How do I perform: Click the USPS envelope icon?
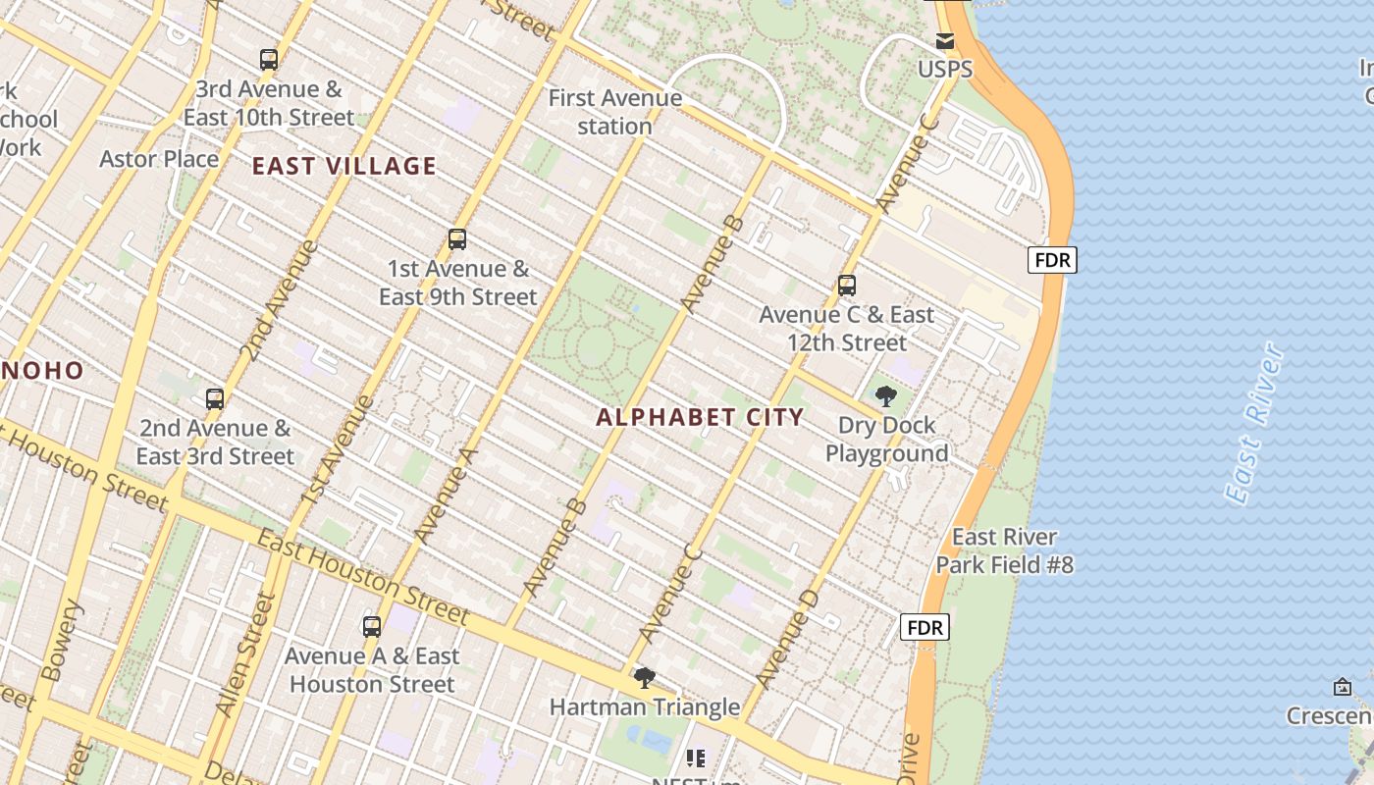point(944,41)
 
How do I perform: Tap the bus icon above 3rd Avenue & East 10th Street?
point(269,60)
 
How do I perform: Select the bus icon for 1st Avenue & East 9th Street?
point(457,239)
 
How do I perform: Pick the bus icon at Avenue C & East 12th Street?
point(847,287)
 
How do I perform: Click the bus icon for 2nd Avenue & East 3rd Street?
point(215,399)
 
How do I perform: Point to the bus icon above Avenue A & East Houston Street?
point(372,627)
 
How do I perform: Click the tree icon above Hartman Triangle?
point(644,678)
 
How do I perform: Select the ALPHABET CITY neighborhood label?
point(700,417)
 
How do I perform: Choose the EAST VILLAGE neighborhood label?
point(343,166)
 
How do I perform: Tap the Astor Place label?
point(159,158)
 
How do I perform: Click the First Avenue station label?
point(615,112)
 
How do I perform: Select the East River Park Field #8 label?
point(1004,550)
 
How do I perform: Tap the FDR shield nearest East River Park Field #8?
point(925,627)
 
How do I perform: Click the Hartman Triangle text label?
point(644,706)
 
